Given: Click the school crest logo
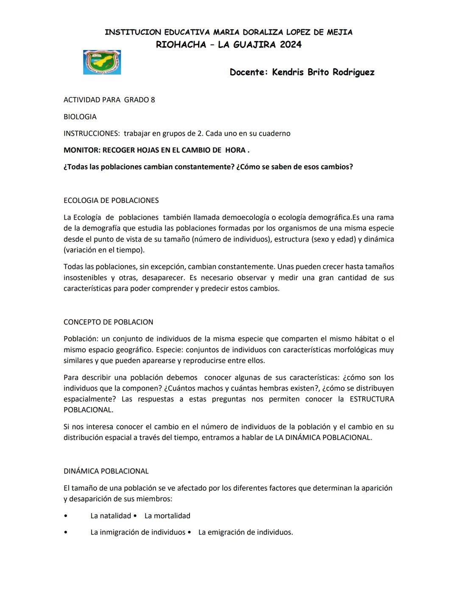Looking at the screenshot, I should [x=102, y=62].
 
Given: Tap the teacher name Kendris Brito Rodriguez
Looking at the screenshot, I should [x=323, y=72].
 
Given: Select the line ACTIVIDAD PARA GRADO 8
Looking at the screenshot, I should [x=109, y=100].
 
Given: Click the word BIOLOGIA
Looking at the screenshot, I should [x=80, y=117].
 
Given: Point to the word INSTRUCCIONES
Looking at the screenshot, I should [x=92, y=133].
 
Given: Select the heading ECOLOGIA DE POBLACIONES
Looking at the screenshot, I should [x=111, y=200].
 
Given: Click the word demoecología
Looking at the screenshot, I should [x=246, y=217].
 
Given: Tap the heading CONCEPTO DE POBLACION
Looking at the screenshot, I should [x=108, y=322].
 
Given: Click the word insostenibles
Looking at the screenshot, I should [x=85, y=278].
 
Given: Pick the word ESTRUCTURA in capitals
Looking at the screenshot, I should [x=371, y=399].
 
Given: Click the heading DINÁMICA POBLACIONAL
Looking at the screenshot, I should [x=106, y=471].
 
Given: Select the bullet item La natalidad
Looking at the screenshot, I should [x=111, y=516].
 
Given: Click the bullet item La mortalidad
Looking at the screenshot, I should [x=167, y=516].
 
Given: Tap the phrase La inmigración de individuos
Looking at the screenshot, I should [x=138, y=532].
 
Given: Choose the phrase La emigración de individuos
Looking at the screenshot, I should [x=246, y=532].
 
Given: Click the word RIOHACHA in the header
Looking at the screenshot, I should [x=181, y=44].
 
